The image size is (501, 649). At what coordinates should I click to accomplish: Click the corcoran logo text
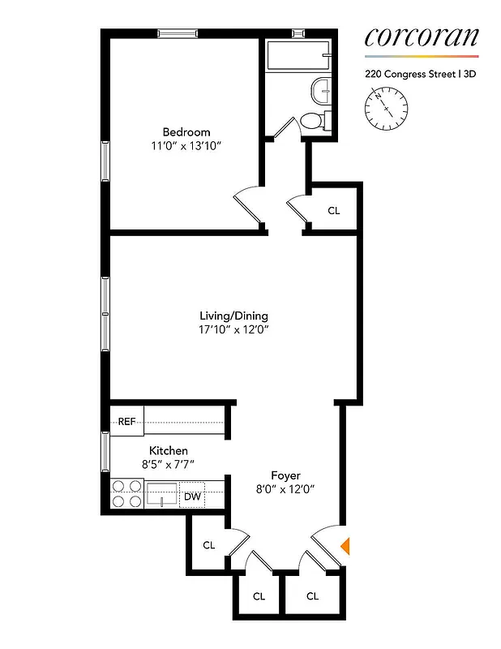point(421,37)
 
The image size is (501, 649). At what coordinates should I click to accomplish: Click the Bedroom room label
point(186,132)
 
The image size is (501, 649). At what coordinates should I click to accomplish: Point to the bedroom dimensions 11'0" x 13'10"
point(186,146)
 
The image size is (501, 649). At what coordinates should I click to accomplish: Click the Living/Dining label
point(234,316)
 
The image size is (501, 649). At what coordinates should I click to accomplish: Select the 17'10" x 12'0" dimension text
point(234,329)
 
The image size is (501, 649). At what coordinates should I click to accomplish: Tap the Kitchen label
point(169,450)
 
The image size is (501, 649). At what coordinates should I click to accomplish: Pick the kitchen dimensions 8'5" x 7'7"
point(169,464)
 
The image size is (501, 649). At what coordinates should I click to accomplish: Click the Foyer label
point(285,475)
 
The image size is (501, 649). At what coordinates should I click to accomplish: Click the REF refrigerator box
point(126,422)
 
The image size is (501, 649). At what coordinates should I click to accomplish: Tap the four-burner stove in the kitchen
point(126,493)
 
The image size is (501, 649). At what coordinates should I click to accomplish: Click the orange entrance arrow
point(345,545)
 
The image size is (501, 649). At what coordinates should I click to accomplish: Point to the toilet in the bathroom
point(311,121)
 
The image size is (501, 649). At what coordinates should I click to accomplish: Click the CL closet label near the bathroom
point(334,210)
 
